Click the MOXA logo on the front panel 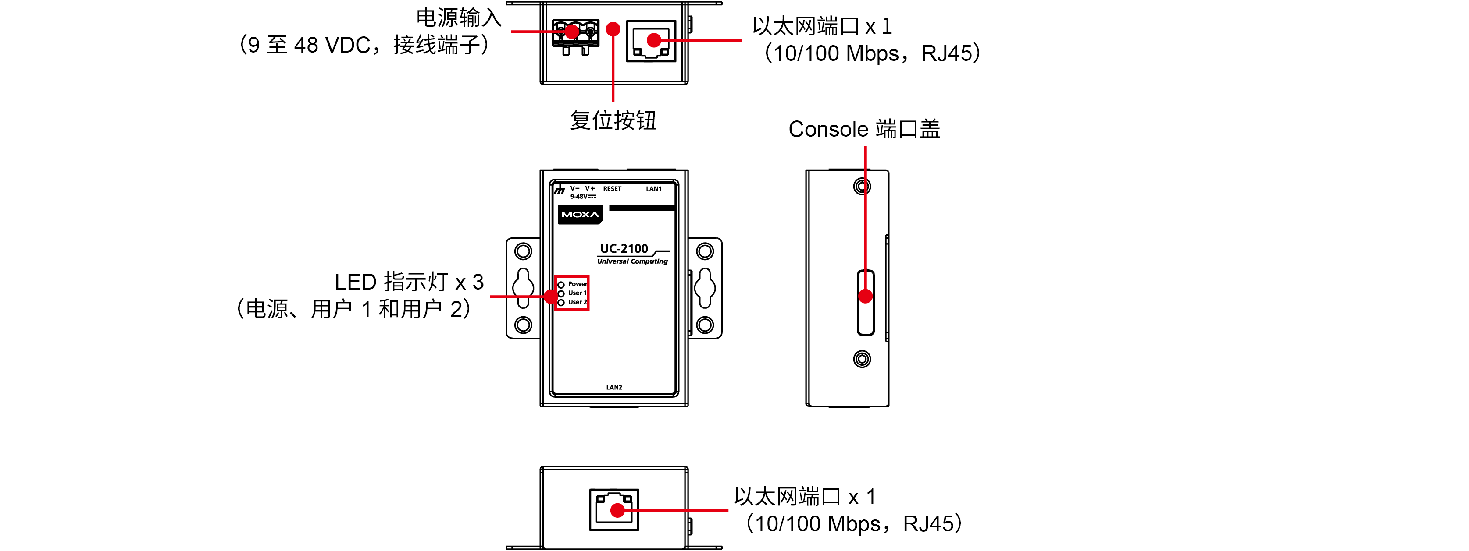tap(580, 215)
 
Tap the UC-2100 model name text tap(624, 248)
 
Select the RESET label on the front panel tap(612, 189)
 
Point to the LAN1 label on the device tap(653, 189)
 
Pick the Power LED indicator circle tap(561, 284)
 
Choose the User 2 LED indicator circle tap(561, 303)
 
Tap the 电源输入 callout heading tap(459, 18)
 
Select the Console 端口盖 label tap(864, 129)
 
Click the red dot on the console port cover tap(865, 296)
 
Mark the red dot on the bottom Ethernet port tap(617, 511)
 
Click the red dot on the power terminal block tap(572, 32)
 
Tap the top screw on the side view tap(862, 186)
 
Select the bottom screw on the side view tap(862, 359)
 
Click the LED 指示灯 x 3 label tap(409, 282)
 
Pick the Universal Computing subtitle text tap(632, 261)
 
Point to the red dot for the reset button tap(613, 29)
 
